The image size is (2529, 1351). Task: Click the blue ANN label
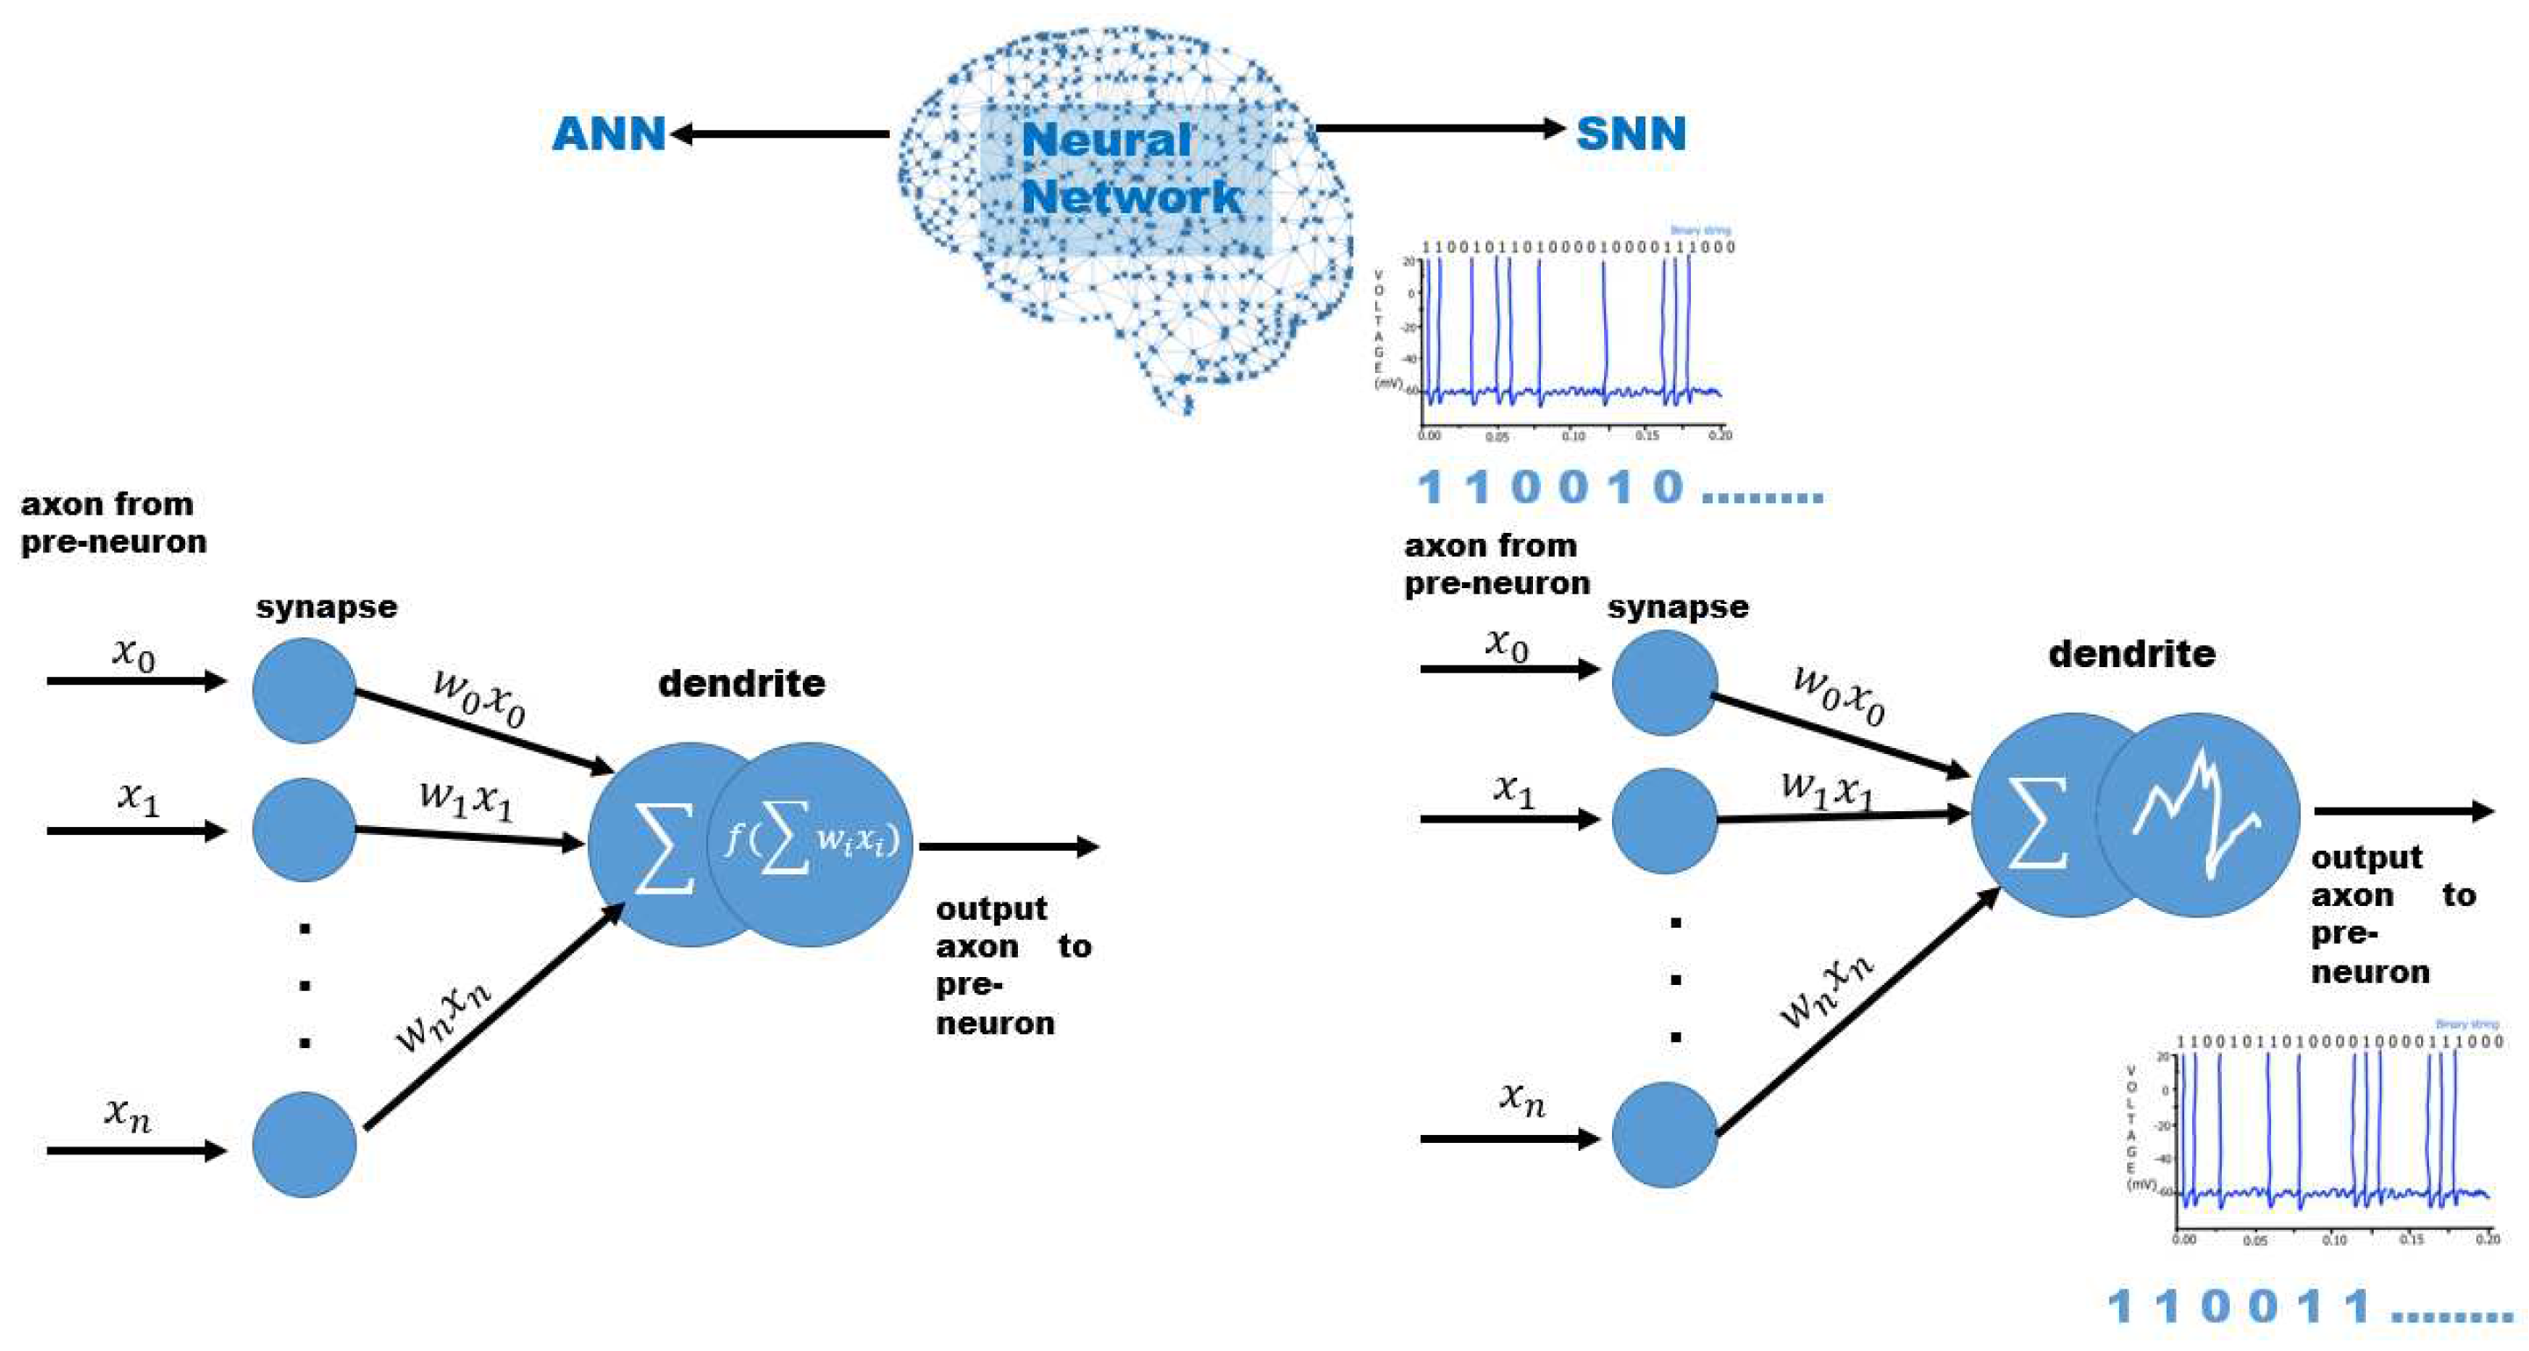[x=609, y=133]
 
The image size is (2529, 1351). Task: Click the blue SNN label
[x=1630, y=133]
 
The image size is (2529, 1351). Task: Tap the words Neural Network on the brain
[x=1129, y=168]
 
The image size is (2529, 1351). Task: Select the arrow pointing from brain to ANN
[x=780, y=133]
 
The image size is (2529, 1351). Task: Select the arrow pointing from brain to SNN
[x=1438, y=127]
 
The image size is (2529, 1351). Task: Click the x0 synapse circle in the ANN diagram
[x=304, y=690]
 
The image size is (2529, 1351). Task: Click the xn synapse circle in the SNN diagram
[x=1664, y=1135]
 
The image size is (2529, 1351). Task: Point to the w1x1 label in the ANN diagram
[x=465, y=798]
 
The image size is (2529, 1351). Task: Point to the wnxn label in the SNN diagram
[x=1826, y=992]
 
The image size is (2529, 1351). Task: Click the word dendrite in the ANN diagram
[x=742, y=683]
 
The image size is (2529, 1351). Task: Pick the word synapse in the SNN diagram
[x=1678, y=607]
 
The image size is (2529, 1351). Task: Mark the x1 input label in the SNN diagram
[x=1513, y=789]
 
